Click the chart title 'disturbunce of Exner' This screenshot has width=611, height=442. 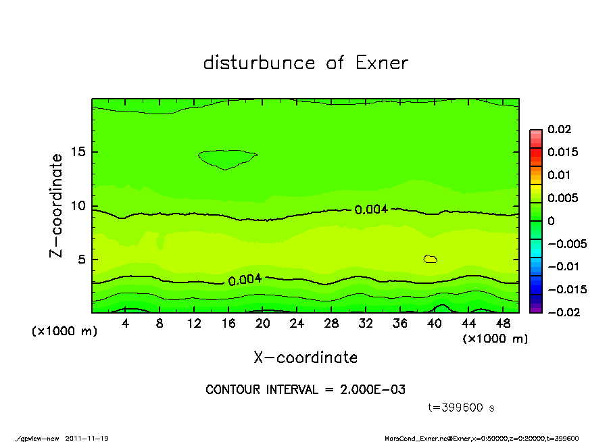[305, 63]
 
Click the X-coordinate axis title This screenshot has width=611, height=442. [305, 357]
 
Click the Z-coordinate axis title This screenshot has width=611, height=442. [57, 205]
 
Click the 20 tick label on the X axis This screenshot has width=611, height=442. [263, 324]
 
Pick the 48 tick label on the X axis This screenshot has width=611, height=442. [503, 324]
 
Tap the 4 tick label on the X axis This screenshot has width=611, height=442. [126, 324]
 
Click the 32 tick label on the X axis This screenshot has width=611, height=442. [366, 324]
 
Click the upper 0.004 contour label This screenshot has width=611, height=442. [371, 210]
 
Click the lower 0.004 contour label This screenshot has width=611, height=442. [245, 280]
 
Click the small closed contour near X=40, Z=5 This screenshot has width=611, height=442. [431, 259]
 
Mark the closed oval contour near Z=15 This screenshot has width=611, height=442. [228, 159]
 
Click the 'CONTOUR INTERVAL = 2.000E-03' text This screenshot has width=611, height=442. [305, 390]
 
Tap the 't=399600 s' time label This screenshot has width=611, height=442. [462, 408]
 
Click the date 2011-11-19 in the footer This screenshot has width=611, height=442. [87, 438]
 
